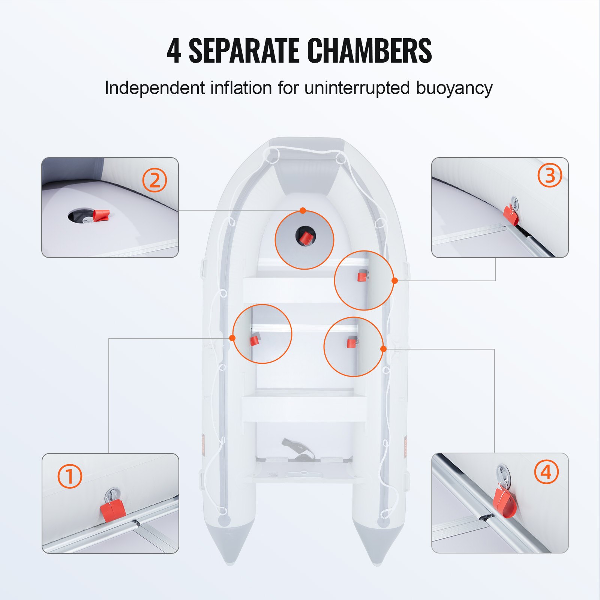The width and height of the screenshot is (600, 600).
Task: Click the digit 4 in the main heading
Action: point(174,51)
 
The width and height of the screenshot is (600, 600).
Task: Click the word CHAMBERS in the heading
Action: point(369,51)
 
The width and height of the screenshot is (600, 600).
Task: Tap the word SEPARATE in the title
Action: point(244,51)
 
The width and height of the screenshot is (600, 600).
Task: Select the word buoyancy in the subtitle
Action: point(454,88)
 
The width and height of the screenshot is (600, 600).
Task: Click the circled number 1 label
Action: point(70,476)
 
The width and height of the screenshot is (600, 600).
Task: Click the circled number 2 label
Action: point(154,180)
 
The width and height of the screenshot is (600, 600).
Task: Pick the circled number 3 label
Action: point(549,175)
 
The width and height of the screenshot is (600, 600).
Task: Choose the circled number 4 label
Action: point(546,472)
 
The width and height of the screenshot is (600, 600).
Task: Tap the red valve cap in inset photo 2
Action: point(101,215)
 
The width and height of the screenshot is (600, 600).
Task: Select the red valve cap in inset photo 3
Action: point(510,215)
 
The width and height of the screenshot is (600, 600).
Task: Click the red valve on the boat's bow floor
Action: point(307,237)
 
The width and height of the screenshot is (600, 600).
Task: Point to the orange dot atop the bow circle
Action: point(303,211)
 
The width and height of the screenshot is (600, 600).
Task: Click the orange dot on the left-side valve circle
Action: point(232,338)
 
